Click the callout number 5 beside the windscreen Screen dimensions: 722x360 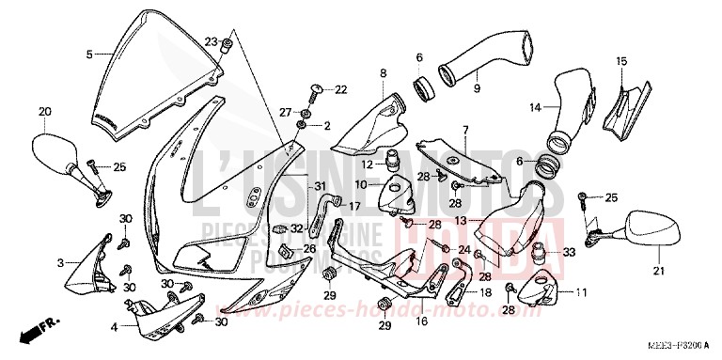coord(90,55)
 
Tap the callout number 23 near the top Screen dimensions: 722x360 coord(212,41)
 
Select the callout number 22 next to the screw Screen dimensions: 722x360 coord(340,89)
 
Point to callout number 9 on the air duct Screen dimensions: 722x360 coord(477,89)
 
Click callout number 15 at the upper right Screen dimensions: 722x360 coord(620,61)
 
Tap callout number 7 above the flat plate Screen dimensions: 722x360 coord(464,128)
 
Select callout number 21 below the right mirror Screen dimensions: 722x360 coord(658,272)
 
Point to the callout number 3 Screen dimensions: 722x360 coord(60,262)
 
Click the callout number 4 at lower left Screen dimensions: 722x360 coord(114,327)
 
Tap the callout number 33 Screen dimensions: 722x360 coord(568,252)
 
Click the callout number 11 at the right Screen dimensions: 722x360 coord(580,292)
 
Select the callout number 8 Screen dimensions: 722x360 coord(384,72)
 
